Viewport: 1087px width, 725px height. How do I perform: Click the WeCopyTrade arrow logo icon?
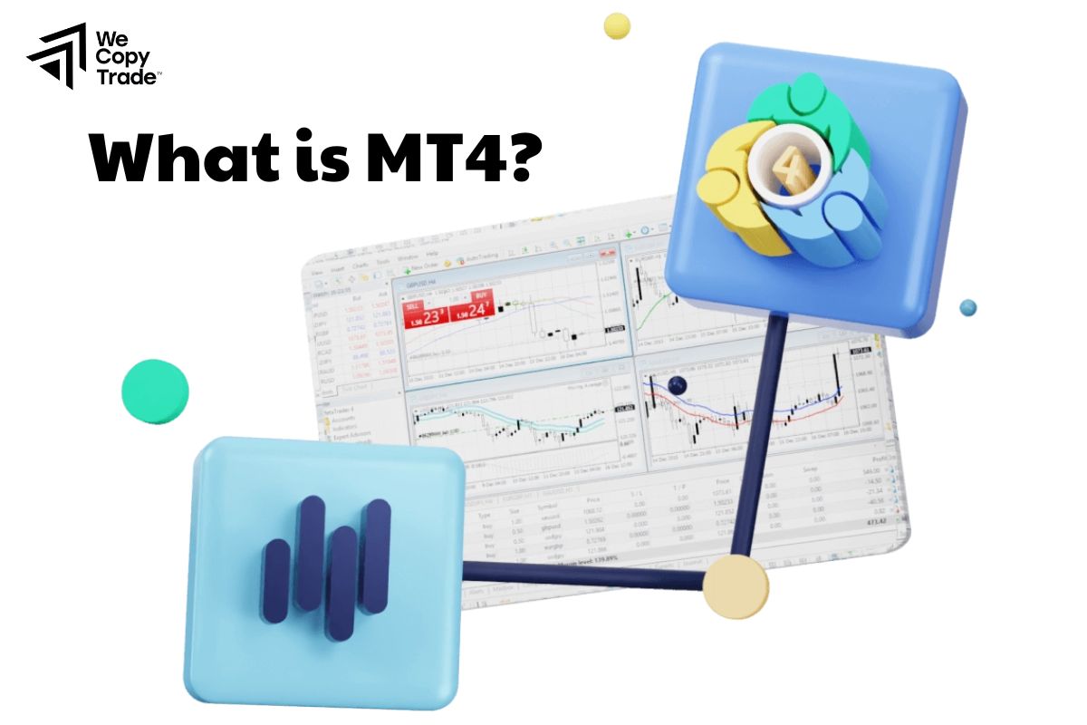coord(56,55)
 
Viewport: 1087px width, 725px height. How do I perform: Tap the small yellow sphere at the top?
coord(617,25)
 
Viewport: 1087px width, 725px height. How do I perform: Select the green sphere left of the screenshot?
coord(155,391)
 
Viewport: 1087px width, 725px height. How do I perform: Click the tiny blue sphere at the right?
coord(968,307)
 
